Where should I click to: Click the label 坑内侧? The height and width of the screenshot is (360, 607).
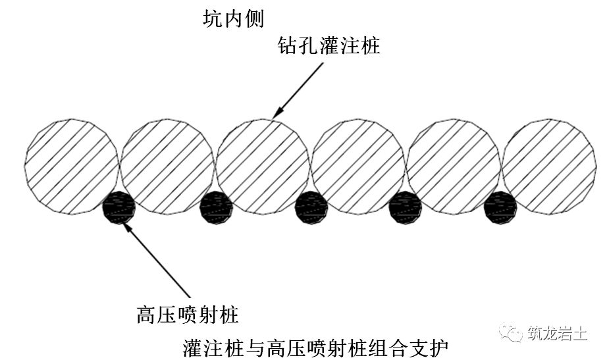234,19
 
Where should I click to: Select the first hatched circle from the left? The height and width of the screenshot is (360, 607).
72,167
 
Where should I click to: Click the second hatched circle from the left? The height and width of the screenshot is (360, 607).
167,167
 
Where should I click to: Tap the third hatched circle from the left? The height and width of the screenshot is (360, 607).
263,167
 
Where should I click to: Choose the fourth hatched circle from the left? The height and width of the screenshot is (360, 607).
358,167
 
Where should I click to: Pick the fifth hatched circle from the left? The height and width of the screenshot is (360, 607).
454,167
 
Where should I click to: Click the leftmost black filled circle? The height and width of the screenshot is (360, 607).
119,207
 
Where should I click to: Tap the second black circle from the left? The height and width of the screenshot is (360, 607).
216,207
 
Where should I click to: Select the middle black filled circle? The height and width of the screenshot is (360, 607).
311,207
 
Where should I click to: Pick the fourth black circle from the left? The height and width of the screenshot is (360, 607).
406,207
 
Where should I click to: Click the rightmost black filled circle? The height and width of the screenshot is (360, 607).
501,207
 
